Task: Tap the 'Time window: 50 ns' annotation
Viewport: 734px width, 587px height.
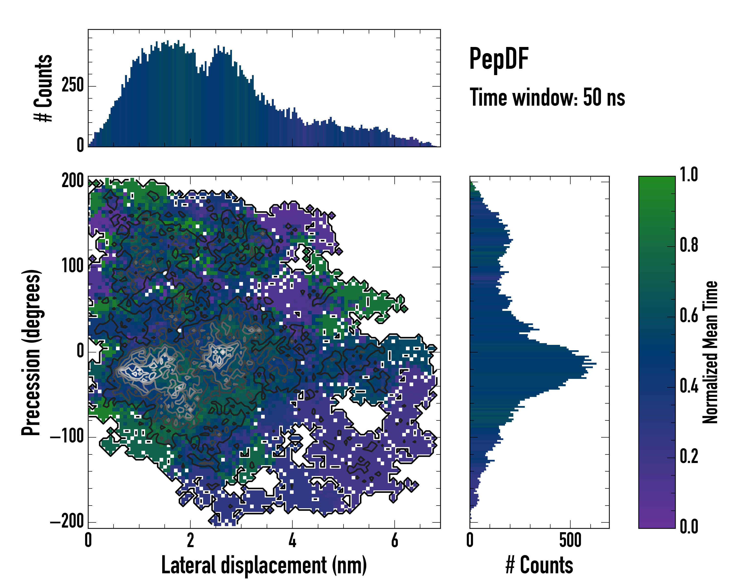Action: point(547,98)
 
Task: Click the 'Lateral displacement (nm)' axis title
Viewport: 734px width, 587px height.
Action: point(264,565)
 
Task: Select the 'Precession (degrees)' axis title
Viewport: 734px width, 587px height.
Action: point(31,352)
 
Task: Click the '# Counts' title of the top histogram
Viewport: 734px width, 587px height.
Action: point(43,88)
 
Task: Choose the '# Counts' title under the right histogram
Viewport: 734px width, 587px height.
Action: point(539,565)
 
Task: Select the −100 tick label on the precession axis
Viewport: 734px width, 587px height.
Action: point(67,437)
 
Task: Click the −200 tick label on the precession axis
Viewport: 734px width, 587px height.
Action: point(67,521)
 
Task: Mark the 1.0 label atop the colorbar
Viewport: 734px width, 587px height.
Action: point(689,175)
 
